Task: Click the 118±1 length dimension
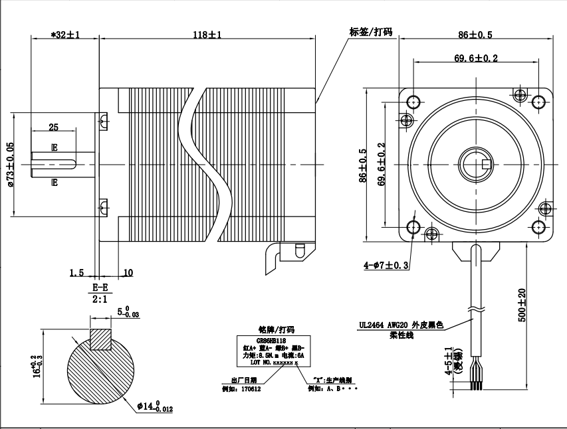click(x=207, y=35)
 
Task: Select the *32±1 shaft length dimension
click(x=65, y=35)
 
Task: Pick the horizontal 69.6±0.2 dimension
click(x=476, y=58)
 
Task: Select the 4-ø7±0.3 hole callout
click(x=386, y=265)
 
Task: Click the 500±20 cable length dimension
click(x=522, y=304)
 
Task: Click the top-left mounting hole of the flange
click(x=413, y=102)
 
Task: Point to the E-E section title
click(x=102, y=288)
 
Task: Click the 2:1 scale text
click(x=102, y=299)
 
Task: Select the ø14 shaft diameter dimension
click(x=154, y=406)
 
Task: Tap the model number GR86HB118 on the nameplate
click(x=275, y=339)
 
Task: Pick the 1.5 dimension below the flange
click(x=76, y=272)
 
